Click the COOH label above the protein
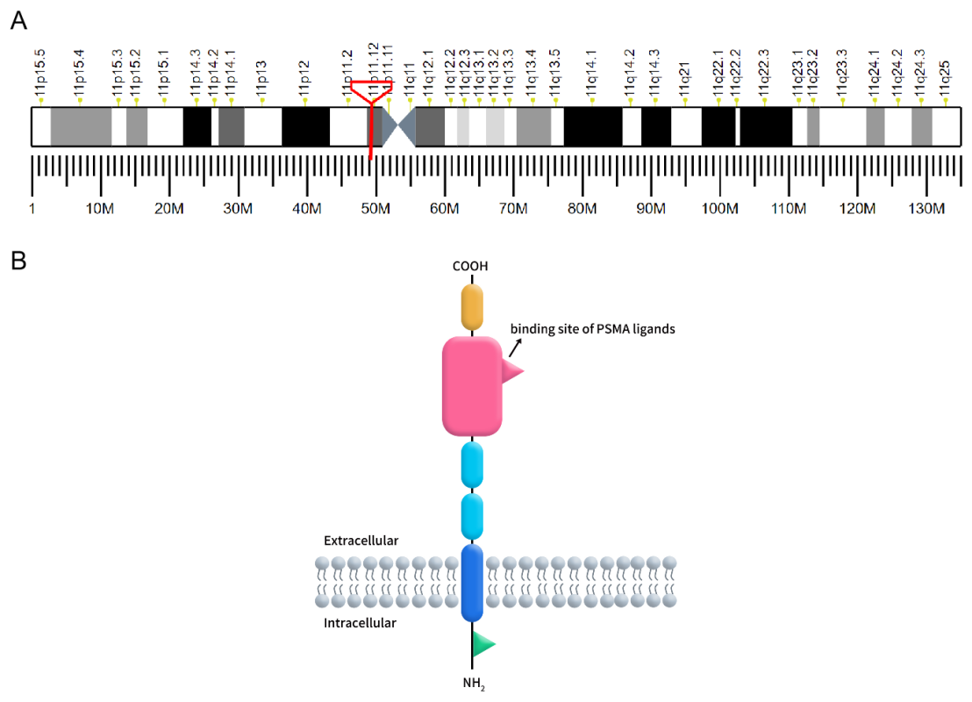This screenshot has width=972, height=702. pyautogui.click(x=470, y=266)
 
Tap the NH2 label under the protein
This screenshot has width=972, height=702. pyautogui.click(x=472, y=682)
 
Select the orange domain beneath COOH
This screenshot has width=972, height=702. pyautogui.click(x=472, y=306)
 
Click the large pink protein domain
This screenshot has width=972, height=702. pyautogui.click(x=472, y=386)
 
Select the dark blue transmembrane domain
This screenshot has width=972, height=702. pyautogui.click(x=472, y=583)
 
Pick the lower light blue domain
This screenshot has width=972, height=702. pyautogui.click(x=472, y=516)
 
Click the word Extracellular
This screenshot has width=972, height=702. pyautogui.click(x=361, y=541)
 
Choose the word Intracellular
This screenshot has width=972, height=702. pyautogui.click(x=360, y=623)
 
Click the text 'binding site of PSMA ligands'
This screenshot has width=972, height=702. pyautogui.click(x=593, y=329)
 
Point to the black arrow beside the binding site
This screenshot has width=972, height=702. pyautogui.click(x=515, y=348)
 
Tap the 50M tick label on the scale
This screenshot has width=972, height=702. pyautogui.click(x=375, y=208)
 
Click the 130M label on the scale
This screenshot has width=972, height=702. pyautogui.click(x=926, y=208)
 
